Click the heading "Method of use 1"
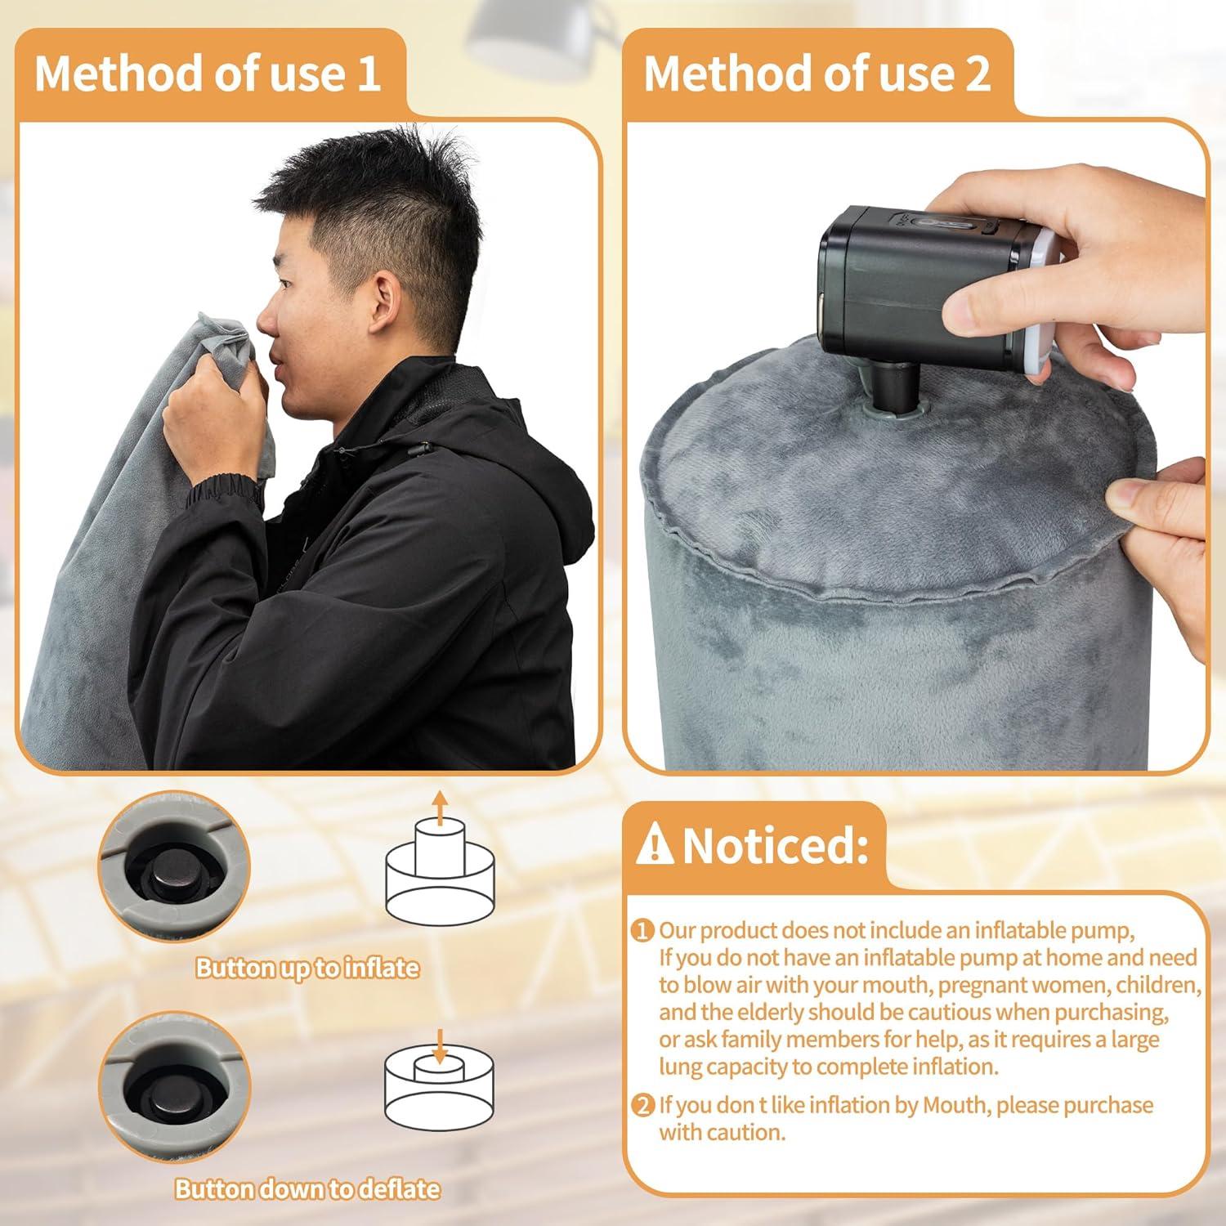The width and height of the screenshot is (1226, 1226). tap(208, 74)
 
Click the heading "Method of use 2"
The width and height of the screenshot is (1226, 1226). tap(817, 74)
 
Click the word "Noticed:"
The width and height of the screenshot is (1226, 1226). tap(775, 845)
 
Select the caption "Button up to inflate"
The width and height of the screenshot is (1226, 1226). tap(306, 968)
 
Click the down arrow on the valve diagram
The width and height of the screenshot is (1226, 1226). tap(440, 1046)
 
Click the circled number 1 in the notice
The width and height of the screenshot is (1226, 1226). tap(644, 930)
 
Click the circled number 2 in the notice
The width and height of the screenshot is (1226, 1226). tap(644, 1106)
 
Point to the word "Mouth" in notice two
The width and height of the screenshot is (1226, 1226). tap(955, 1105)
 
